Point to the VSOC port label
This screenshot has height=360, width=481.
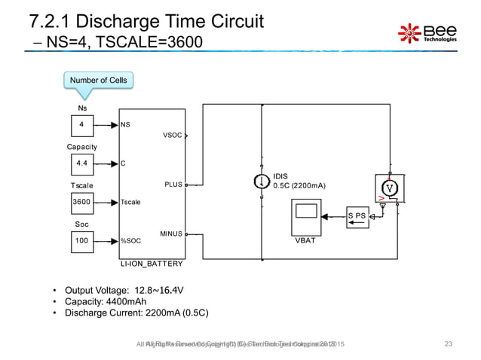tap(172, 136)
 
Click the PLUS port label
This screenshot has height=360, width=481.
tap(173, 183)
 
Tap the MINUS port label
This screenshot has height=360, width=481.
tap(171, 234)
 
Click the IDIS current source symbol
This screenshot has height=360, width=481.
tap(260, 181)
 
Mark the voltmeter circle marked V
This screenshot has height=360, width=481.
tap(388, 187)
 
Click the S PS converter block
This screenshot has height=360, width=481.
tap(358, 215)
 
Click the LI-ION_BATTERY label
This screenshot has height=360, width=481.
tap(151, 264)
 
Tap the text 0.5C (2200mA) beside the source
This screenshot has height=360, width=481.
tap(299, 185)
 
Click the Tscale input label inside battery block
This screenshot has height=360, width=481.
tap(131, 202)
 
